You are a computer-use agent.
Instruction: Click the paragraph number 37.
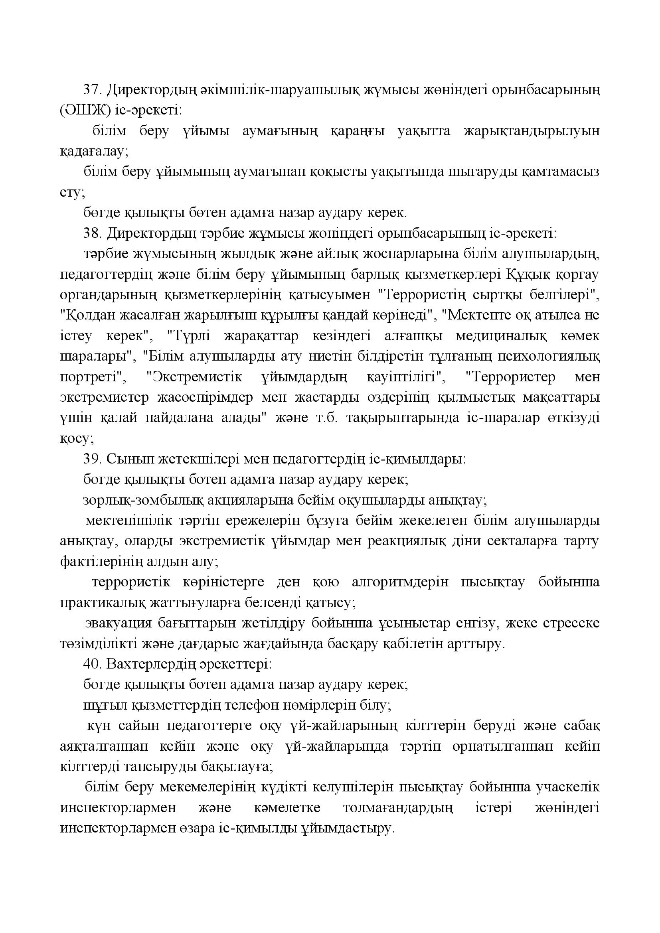(92, 90)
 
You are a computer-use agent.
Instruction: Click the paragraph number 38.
(92, 234)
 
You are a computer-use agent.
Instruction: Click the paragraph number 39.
(92, 459)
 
